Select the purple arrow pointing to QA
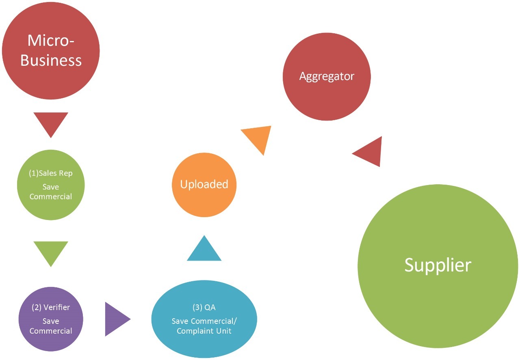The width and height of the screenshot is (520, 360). pos(115,319)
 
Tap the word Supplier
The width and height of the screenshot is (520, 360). pos(438,265)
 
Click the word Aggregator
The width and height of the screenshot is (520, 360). pos(327,76)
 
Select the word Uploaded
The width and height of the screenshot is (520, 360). pos(204,184)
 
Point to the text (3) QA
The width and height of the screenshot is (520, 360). pos(204,307)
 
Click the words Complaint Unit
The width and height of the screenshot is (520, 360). pos(204,331)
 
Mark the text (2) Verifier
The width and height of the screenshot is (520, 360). pos(51,307)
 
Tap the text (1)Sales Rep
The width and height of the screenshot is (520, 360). pos(51,173)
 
